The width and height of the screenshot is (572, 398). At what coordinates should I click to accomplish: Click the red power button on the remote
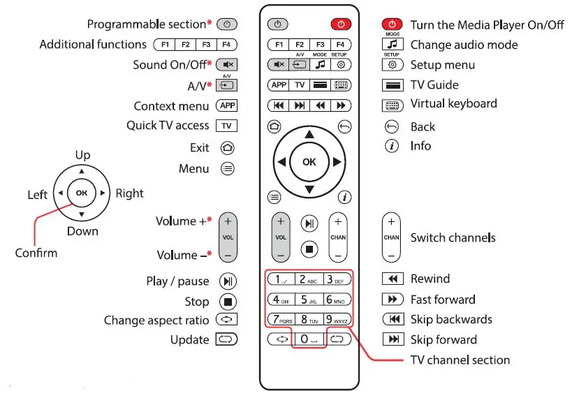point(340,24)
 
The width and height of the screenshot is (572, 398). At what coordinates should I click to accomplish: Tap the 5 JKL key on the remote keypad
point(309,300)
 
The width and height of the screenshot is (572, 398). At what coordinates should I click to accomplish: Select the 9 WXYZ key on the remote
point(339,320)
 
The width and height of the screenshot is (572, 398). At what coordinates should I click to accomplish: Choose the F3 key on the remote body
point(319,45)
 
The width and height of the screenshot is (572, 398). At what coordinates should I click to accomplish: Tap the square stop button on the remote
point(309,248)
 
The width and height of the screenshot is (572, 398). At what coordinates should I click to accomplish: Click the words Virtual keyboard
point(453,104)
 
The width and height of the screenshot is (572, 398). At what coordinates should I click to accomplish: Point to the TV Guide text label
point(434,85)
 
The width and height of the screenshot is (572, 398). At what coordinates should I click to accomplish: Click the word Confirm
point(36,253)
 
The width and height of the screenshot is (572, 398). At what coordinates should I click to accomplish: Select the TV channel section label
point(460,360)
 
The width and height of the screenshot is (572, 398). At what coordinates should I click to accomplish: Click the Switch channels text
point(453,237)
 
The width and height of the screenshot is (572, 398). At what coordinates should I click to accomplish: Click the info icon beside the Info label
point(393,146)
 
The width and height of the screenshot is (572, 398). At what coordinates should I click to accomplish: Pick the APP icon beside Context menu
point(227,106)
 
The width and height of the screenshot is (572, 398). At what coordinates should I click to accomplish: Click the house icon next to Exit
point(227,148)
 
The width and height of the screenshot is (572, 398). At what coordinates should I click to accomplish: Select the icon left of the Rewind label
point(393,279)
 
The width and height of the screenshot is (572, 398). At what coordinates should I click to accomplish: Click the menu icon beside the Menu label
point(227,169)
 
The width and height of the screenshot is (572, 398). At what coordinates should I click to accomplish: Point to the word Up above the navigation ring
point(82,155)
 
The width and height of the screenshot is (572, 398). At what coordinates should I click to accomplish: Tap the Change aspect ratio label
point(156,320)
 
